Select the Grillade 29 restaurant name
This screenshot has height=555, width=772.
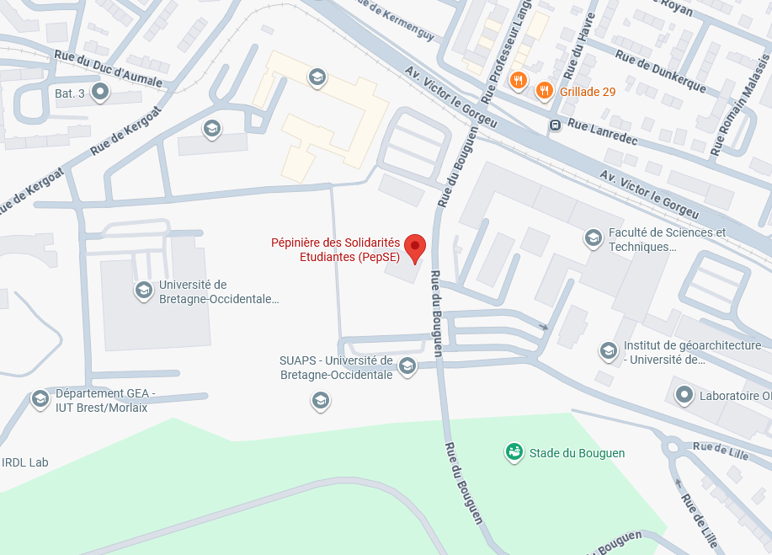click(x=587, y=91)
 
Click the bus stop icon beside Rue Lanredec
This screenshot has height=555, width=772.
click(x=555, y=125)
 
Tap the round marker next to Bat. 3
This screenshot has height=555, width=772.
click(x=100, y=91)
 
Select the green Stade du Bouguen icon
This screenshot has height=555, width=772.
click(x=513, y=453)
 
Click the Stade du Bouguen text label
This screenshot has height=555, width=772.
click(x=577, y=453)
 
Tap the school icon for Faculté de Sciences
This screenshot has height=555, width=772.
click(x=593, y=239)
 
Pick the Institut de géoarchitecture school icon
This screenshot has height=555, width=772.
click(x=608, y=351)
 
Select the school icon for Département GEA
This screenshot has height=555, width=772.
click(x=40, y=399)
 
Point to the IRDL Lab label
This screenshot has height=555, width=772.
click(x=25, y=462)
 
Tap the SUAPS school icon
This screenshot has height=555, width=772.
click(x=407, y=366)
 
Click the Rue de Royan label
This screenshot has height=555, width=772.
click(x=665, y=7)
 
